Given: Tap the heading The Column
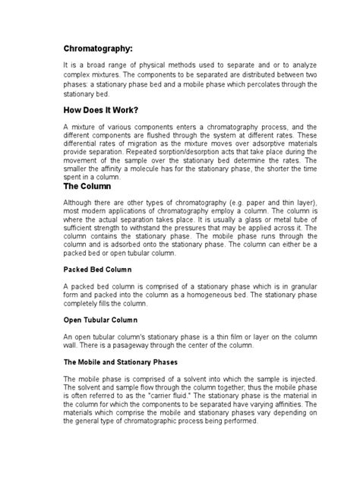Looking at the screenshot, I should point(90,185).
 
